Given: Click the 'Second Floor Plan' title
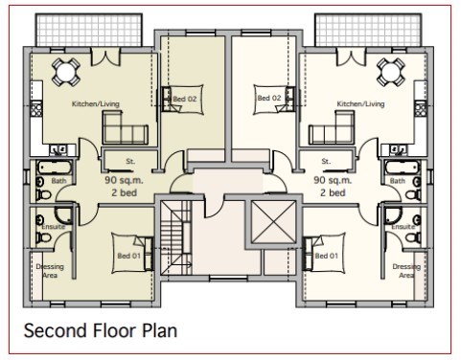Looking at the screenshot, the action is [x=101, y=330].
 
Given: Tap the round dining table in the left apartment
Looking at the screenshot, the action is [x=65, y=72].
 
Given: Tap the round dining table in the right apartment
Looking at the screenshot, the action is [x=391, y=72].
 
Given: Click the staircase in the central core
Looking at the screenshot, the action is [x=175, y=237].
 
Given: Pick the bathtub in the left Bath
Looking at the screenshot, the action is [x=55, y=168].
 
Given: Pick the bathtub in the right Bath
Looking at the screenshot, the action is [x=403, y=168].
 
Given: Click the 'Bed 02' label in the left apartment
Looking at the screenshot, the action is [x=185, y=99].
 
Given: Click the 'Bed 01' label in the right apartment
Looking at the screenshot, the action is [x=326, y=256].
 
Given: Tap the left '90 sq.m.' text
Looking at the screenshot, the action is [x=124, y=180].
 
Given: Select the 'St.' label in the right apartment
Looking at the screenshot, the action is [x=326, y=161].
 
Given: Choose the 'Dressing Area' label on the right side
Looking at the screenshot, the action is [x=406, y=271].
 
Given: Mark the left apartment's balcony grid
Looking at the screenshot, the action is [x=89, y=30].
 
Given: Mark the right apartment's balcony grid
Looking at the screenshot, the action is [x=368, y=30].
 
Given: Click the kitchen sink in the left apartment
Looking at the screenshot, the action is [x=58, y=149].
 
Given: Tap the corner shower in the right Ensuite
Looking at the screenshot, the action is [x=393, y=214].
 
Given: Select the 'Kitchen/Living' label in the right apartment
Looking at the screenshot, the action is [x=360, y=104].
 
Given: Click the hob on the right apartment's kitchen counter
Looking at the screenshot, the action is [x=420, y=108].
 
